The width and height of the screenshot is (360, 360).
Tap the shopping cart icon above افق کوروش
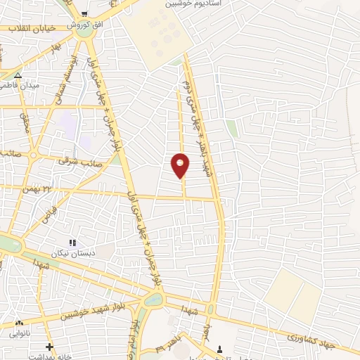point(85,13)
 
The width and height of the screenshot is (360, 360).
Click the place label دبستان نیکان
point(72,252)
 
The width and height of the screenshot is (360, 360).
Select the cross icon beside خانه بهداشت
point(49,346)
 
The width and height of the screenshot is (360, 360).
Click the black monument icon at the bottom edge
point(220,349)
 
